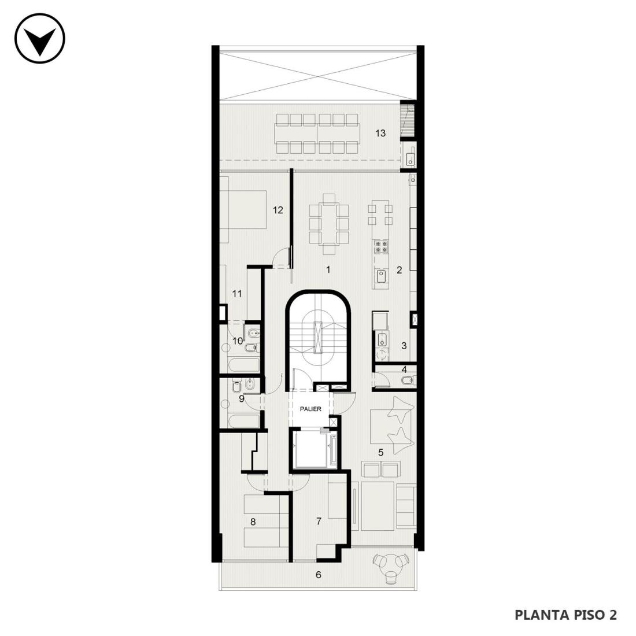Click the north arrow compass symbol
tap(40, 39)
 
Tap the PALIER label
tap(310, 409)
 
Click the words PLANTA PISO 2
tap(566, 615)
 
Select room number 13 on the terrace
tap(380, 133)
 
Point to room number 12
tap(278, 210)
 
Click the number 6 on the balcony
tap(319, 575)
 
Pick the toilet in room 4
tap(407, 380)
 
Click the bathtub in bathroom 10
tap(243, 365)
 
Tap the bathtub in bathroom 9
tap(243, 421)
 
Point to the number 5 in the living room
tap(380, 452)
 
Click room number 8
tap(253, 522)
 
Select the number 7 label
tap(319, 521)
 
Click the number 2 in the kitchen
tap(399, 270)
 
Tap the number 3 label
tap(404, 346)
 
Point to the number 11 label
tap(237, 293)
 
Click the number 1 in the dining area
tap(328, 269)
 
